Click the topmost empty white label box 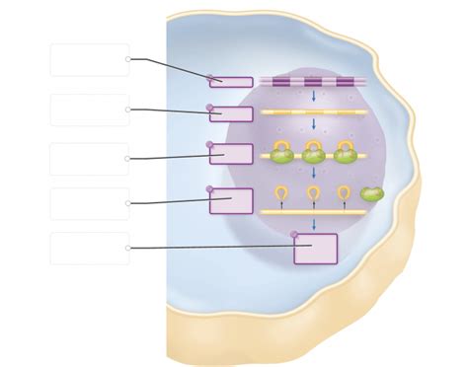pyautogui.click(x=89, y=59)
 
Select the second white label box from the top pyautogui.click(x=89, y=110)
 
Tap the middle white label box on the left pyautogui.click(x=89, y=159)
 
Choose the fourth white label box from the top pyautogui.click(x=89, y=203)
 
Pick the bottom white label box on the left pyautogui.click(x=89, y=248)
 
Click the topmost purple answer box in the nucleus pyautogui.click(x=231, y=82)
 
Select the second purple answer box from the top pyautogui.click(x=231, y=113)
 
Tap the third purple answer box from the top pyautogui.click(x=231, y=153)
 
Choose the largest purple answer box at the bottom pyautogui.click(x=315, y=249)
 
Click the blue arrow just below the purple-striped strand pyautogui.click(x=313, y=97)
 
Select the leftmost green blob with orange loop pyautogui.click(x=281, y=153)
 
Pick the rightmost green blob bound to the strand pyautogui.click(x=345, y=153)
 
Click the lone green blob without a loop pyautogui.click(x=371, y=194)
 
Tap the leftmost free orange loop pyautogui.click(x=281, y=192)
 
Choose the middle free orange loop pyautogui.click(x=313, y=192)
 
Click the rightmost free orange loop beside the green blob pyautogui.click(x=344, y=192)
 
